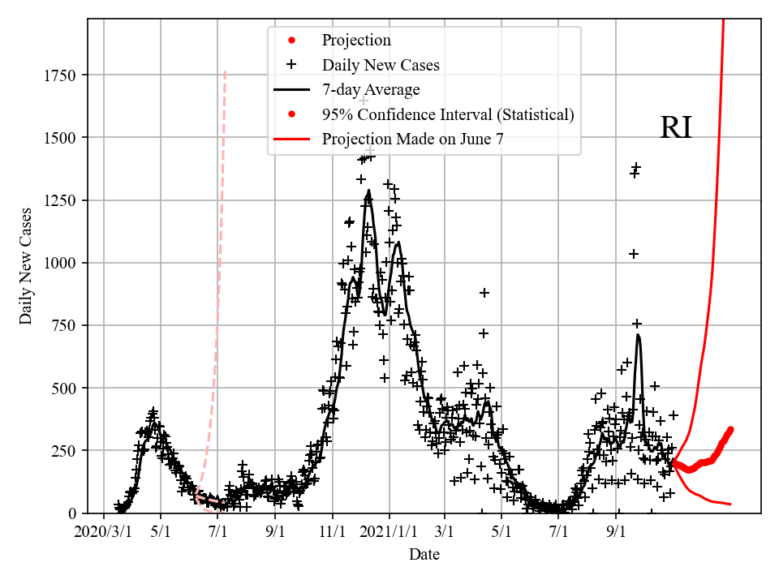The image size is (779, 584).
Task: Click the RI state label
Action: click(675, 128)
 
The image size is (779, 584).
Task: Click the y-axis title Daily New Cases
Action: click(27, 265)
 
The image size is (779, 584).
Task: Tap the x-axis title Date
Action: click(424, 555)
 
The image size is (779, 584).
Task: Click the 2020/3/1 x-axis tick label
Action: click(104, 533)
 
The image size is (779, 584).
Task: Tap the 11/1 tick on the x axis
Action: click(333, 533)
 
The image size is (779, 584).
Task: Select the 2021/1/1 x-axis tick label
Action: click(389, 533)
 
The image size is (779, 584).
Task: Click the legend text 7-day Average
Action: click(371, 89)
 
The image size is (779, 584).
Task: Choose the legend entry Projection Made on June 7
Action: click(412, 139)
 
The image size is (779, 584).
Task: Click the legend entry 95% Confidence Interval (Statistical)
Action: click(448, 114)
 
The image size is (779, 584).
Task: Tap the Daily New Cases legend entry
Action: click(381, 65)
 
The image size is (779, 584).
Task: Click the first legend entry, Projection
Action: click(356, 41)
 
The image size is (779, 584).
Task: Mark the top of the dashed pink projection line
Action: click(225, 71)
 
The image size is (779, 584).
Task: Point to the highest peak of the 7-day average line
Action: click(368, 191)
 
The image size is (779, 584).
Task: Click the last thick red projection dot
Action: click(731, 429)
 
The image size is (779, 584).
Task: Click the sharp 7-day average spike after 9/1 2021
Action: click(639, 335)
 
